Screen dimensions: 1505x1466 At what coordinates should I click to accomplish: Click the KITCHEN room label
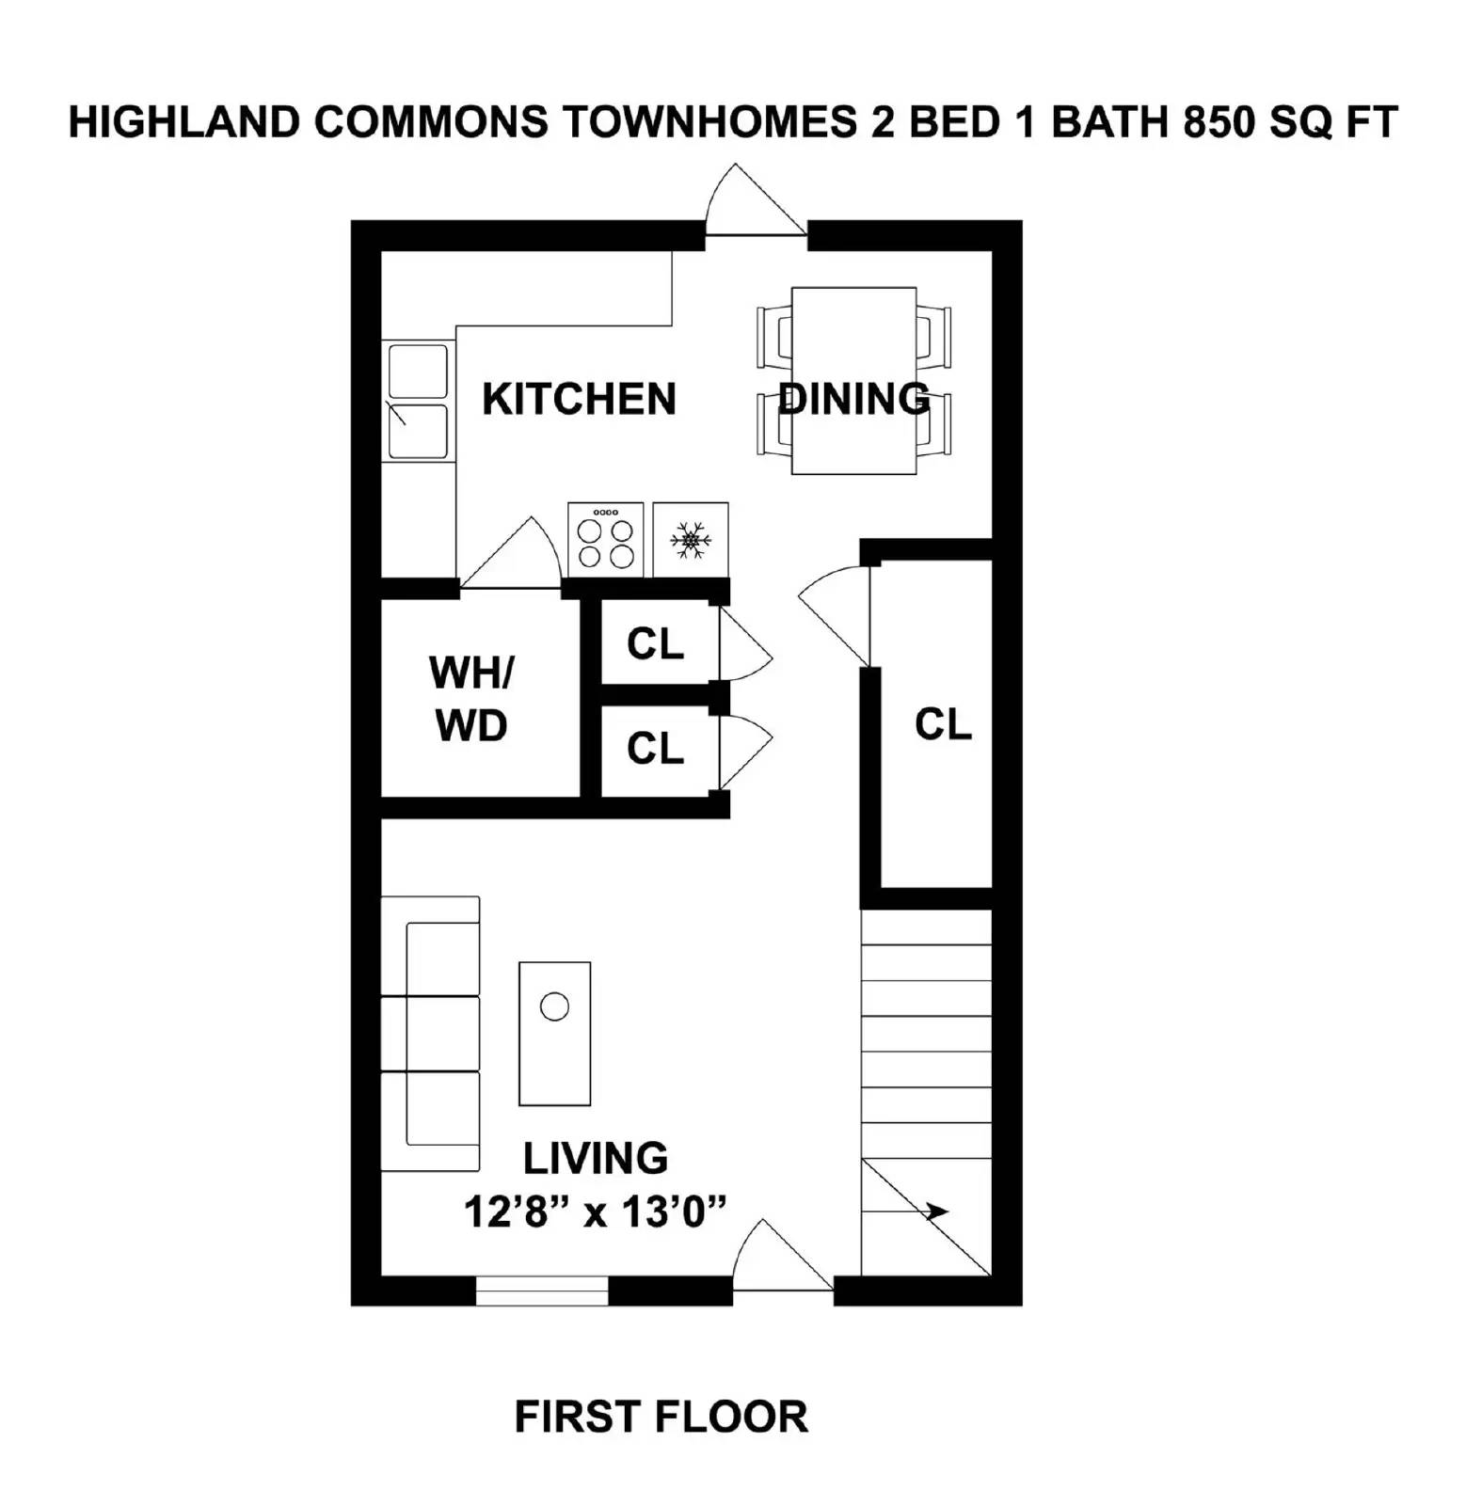pos(579,399)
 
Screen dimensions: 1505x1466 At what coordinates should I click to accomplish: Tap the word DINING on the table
pos(854,399)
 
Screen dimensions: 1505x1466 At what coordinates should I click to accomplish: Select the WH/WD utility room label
pos(471,699)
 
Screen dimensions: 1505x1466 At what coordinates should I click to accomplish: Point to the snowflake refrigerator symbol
pos(691,541)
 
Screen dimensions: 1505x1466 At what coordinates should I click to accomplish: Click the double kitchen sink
pos(418,402)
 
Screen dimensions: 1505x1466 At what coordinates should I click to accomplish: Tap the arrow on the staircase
pos(936,1212)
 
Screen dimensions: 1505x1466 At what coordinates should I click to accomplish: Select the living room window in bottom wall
pos(542,1291)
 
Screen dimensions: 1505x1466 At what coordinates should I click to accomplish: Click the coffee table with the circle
pos(554,1033)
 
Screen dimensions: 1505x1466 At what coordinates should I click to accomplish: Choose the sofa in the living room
pos(430,1033)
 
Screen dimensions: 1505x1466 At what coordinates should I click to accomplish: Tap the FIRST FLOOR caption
pos(661,1417)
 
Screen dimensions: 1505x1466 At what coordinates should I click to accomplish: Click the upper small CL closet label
pos(655,645)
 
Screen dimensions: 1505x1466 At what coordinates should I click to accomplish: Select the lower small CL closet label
pos(655,750)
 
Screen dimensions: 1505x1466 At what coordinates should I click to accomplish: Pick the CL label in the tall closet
pos(942,725)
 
